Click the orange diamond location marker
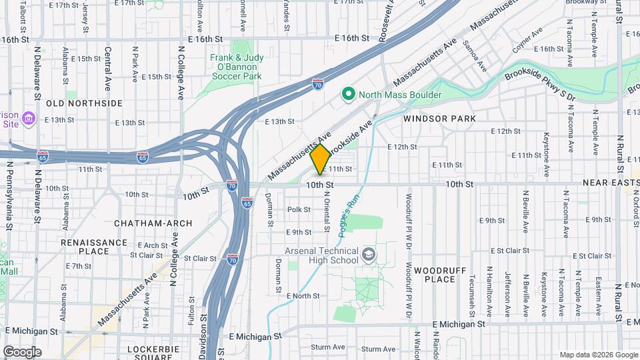click(320, 159)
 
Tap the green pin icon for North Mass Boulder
click(347, 95)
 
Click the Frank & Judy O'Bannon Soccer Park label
click(237, 67)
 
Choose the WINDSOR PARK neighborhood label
click(439, 119)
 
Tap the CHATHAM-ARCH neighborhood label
click(153, 223)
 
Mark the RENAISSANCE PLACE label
click(93, 247)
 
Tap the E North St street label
click(303, 295)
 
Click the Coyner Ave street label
click(526, 44)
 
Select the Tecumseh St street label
click(472, 291)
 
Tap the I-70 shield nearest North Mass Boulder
click(319, 85)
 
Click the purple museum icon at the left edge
click(29, 119)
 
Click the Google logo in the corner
click(22, 351)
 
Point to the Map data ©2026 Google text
click(598, 355)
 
